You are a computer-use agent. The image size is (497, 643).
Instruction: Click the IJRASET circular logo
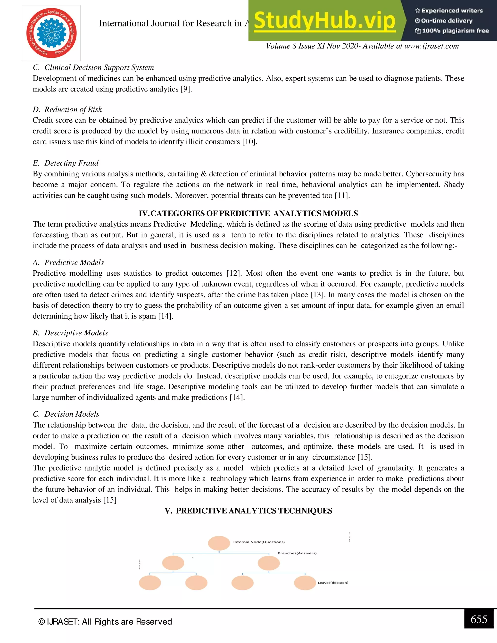click(x=51, y=33)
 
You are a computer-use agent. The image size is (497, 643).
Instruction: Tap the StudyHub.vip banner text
click(x=324, y=21)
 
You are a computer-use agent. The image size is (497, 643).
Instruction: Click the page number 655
click(x=479, y=619)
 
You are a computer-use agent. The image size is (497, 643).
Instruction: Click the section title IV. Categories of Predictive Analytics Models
click(x=248, y=214)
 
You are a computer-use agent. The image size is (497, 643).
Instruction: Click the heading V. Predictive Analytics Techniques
click(x=248, y=511)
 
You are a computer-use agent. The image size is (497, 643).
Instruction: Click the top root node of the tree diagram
click(x=219, y=543)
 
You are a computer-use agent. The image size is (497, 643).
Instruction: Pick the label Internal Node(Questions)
click(x=259, y=542)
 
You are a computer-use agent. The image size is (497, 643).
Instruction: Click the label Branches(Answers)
click(x=297, y=553)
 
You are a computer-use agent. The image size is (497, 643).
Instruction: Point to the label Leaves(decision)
click(x=333, y=583)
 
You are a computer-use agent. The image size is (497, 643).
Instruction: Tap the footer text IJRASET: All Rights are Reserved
click(x=105, y=622)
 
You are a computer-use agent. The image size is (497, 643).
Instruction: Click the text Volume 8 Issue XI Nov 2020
click(x=312, y=46)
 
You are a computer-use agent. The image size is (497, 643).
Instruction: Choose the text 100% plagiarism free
click(x=455, y=31)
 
